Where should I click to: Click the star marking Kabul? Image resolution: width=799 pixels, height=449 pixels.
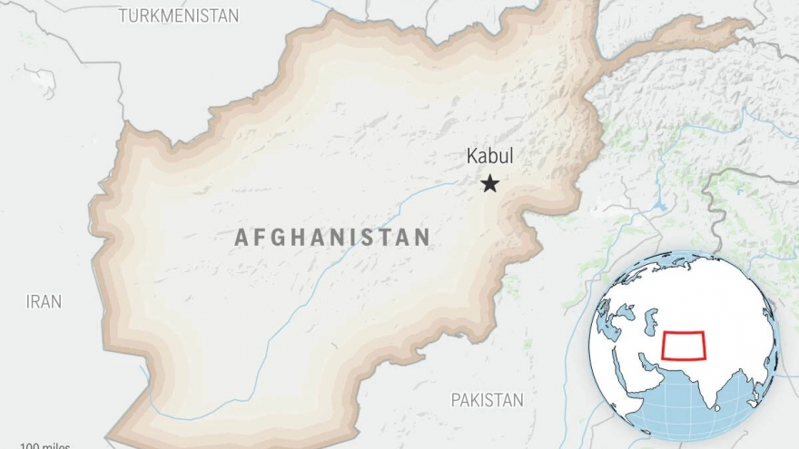point(489,184)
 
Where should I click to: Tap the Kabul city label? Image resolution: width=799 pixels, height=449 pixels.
point(489,156)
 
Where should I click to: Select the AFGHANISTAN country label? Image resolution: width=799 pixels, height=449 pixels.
point(332,238)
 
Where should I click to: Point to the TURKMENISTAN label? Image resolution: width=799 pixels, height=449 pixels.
point(179,15)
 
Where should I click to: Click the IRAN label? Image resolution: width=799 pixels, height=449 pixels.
point(44,302)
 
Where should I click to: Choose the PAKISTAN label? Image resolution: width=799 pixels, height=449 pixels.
point(488,400)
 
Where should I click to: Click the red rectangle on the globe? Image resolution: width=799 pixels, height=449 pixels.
point(684,346)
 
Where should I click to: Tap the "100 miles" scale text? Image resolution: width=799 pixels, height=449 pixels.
point(45,445)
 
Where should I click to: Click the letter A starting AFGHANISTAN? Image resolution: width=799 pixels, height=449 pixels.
point(242,238)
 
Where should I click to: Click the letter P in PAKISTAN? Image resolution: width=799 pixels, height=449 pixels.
point(456,400)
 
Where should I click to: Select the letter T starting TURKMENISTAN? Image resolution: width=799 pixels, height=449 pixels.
point(123,15)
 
